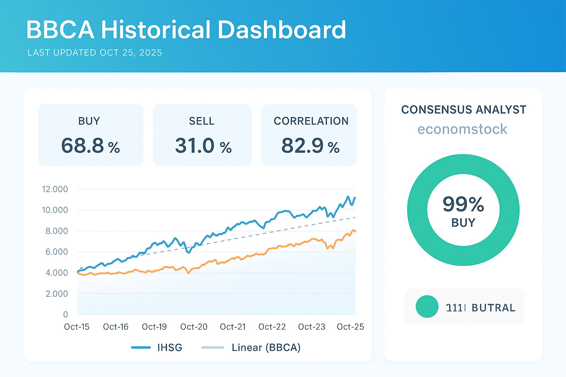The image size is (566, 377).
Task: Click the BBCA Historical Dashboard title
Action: point(186,30)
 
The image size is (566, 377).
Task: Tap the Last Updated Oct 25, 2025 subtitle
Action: point(95,53)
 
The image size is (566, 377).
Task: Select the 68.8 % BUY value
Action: point(91,146)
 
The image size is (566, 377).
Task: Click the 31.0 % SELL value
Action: point(203,146)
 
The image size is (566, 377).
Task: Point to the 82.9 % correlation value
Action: point(310,146)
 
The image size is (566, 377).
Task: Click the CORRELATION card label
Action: point(311,121)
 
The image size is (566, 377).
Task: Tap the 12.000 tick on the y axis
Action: point(55,189)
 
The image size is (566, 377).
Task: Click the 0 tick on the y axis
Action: point(66,314)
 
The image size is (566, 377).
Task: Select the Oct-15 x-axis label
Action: point(77,327)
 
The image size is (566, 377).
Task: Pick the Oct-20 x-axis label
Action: point(194,327)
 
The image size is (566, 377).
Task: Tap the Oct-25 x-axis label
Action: point(350,327)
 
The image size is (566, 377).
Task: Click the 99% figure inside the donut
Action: point(463,204)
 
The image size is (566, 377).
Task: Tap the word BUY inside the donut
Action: point(463,223)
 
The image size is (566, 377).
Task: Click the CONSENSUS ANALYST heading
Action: point(464,110)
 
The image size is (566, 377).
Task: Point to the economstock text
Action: point(462,129)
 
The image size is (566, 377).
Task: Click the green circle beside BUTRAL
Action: point(427,307)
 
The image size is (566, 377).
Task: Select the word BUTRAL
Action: point(493,308)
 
